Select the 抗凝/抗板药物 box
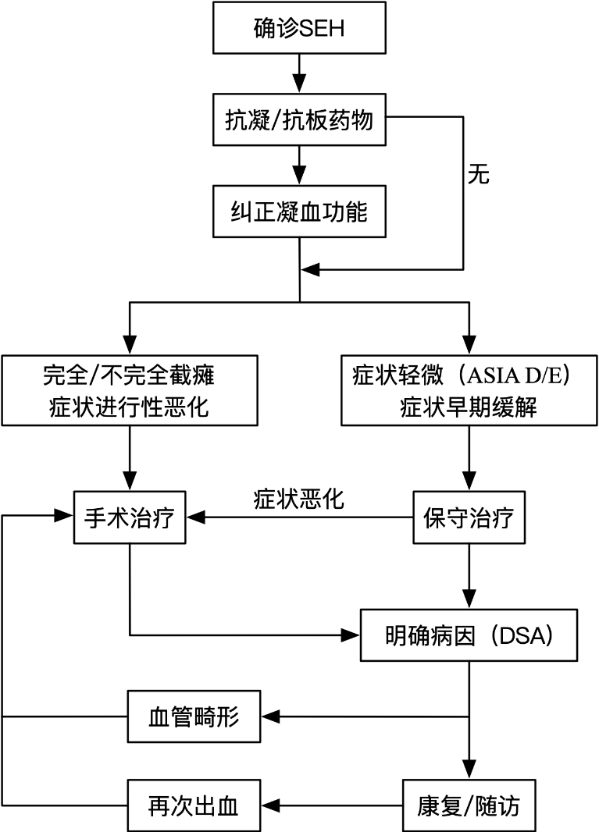pyautogui.click(x=299, y=122)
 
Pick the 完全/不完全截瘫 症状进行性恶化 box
pyautogui.click(x=129, y=390)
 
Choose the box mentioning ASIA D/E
pyautogui.click(x=469, y=390)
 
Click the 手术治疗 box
pyautogui.click(x=130, y=518)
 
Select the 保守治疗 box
pyautogui.click(x=469, y=518)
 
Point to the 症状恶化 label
pyautogui.click(x=298, y=500)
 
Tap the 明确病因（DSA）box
pyautogui.click(x=469, y=635)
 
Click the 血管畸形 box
pyautogui.click(x=194, y=716)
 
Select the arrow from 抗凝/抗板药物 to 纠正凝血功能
pyautogui.click(x=299, y=167)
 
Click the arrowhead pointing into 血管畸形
pyautogui.click(x=269, y=716)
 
